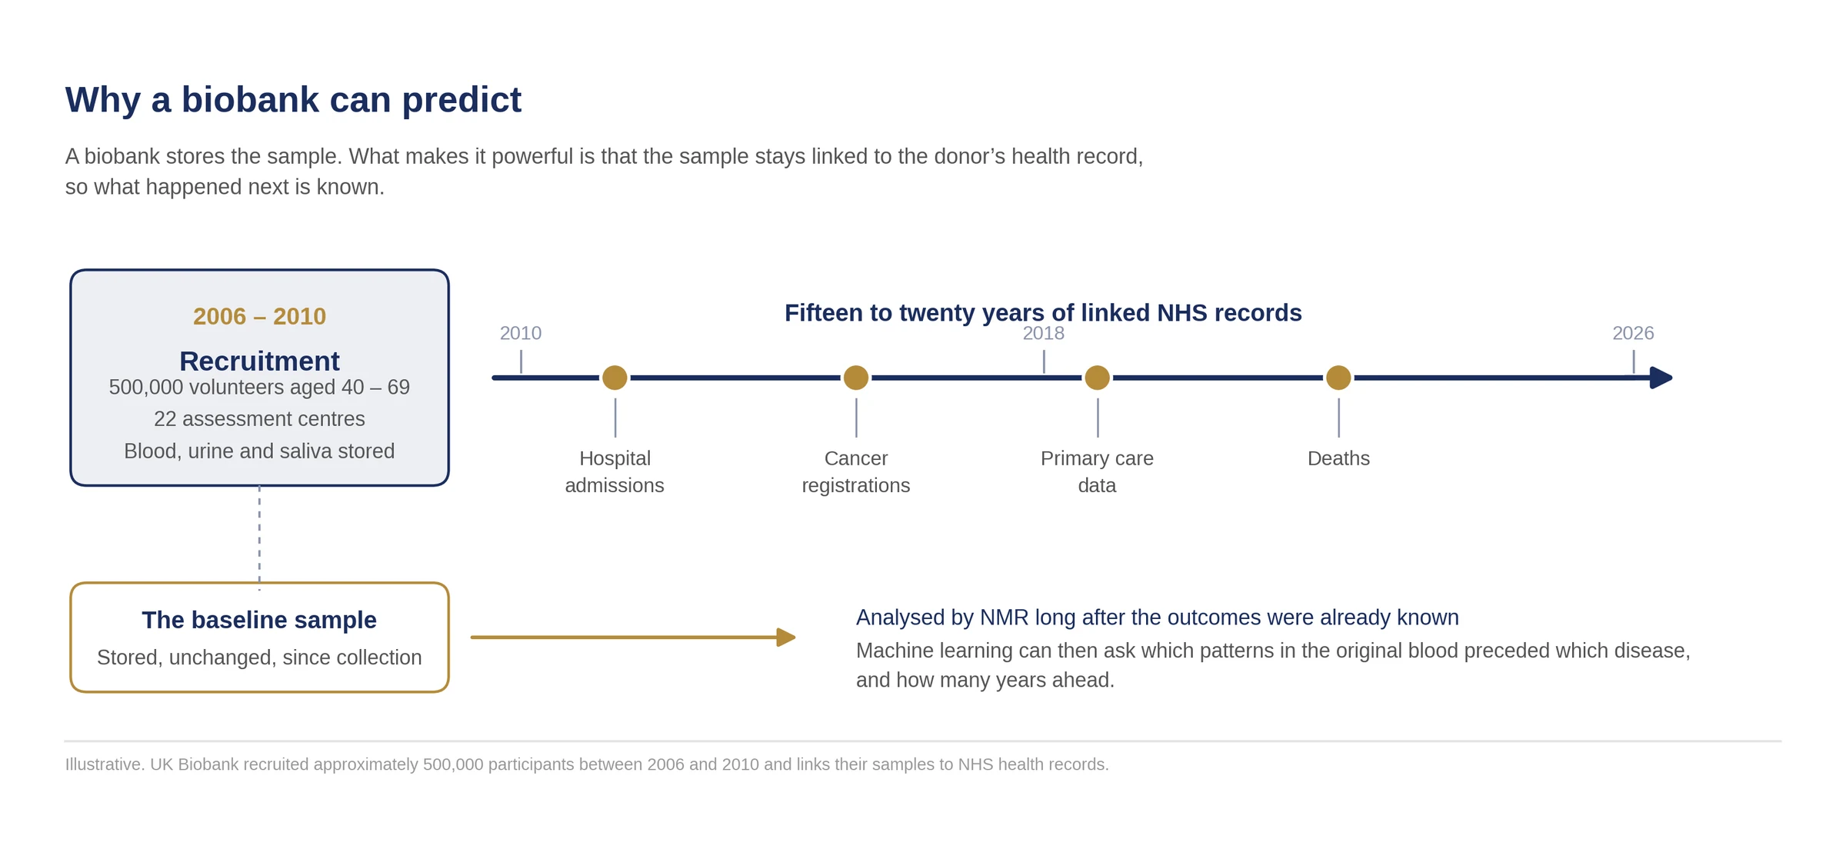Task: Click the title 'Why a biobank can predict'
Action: click(293, 100)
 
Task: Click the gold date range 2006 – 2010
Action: click(259, 316)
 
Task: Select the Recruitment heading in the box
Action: click(259, 361)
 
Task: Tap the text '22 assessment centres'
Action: click(259, 419)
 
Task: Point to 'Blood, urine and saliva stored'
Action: click(259, 451)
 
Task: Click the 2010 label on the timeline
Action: click(521, 333)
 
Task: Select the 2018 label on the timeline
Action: click(1044, 333)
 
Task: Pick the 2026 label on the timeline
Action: click(1633, 333)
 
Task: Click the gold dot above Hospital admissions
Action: click(615, 378)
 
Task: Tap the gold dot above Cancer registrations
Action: click(856, 378)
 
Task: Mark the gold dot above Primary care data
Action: click(1097, 378)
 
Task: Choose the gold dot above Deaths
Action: click(1338, 378)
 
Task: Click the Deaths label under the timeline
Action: click(1338, 458)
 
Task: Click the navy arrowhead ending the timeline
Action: click(1661, 378)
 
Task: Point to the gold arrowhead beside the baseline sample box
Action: click(786, 637)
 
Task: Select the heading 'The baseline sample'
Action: click(259, 620)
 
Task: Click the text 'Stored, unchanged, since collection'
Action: click(259, 658)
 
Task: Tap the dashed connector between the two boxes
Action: click(259, 538)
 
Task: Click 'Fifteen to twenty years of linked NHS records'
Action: click(1043, 313)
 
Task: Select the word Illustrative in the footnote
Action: click(105, 764)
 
